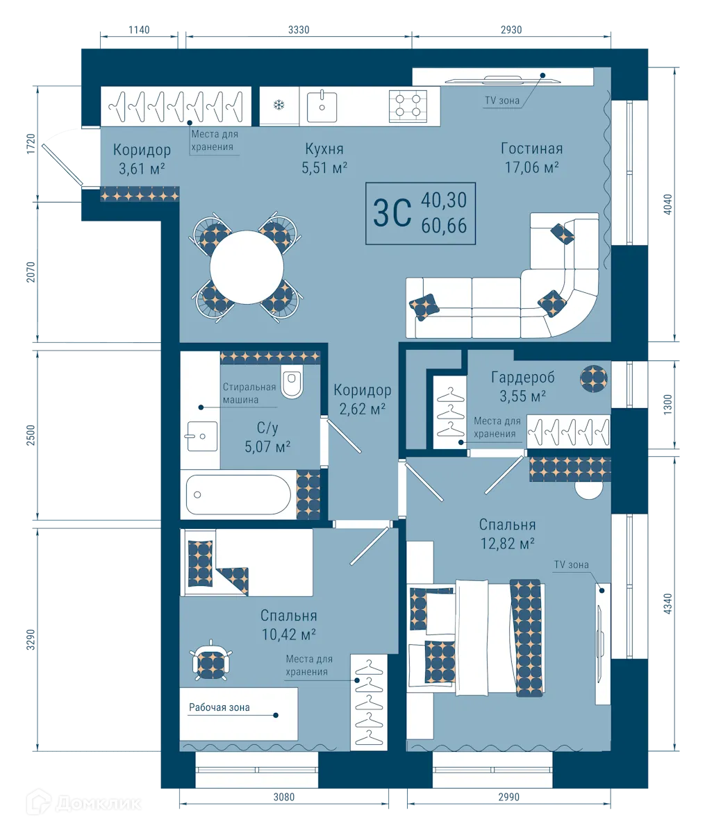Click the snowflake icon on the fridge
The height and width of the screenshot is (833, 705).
pyautogui.click(x=279, y=106)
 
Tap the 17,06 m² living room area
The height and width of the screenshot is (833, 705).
pyautogui.click(x=531, y=167)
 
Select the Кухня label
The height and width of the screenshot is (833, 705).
pyautogui.click(x=324, y=149)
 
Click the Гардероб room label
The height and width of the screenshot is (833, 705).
pyautogui.click(x=522, y=378)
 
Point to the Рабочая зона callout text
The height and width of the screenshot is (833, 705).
pyautogui.click(x=219, y=707)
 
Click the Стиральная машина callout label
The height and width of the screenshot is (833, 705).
pyautogui.click(x=249, y=394)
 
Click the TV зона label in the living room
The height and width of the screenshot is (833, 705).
pyautogui.click(x=501, y=101)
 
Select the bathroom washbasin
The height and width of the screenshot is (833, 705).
pyautogui.click(x=201, y=436)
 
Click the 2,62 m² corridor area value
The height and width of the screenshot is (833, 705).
pyautogui.click(x=362, y=409)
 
